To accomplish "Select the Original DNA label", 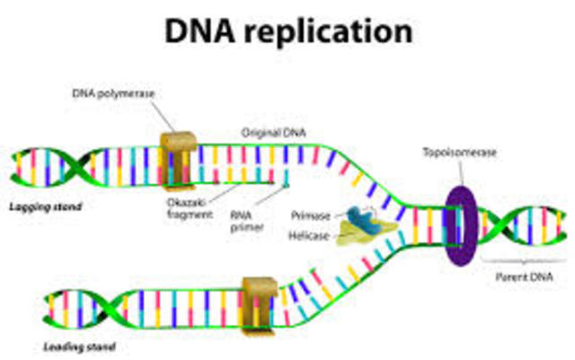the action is [273, 133].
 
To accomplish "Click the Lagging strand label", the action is [46, 207].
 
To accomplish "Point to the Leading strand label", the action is [79, 346].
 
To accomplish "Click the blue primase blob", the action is [358, 219].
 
